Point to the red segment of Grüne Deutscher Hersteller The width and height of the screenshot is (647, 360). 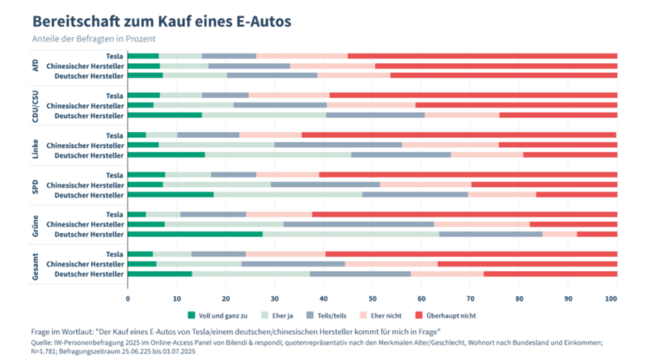tap(597, 234)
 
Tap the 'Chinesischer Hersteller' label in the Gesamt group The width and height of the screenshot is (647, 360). tap(85, 263)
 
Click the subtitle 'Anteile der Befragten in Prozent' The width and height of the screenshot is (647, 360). tap(94, 39)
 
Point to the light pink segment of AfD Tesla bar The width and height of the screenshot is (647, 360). tap(302, 56)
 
